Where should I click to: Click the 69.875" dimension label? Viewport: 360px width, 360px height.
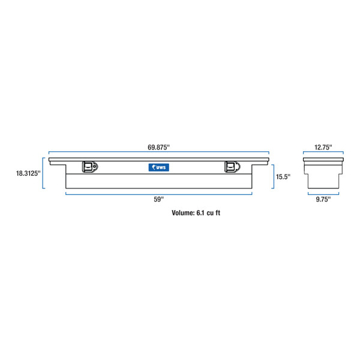(x=159, y=146)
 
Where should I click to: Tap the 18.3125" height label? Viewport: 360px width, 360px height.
(x=28, y=173)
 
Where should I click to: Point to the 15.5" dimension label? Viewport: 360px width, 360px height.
(x=283, y=176)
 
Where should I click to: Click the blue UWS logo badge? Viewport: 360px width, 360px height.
(x=159, y=167)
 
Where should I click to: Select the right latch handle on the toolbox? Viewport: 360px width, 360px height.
(x=231, y=167)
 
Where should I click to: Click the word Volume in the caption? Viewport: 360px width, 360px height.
(x=183, y=213)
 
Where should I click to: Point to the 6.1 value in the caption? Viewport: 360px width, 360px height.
(x=201, y=213)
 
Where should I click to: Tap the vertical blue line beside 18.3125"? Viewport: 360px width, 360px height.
(x=44, y=173)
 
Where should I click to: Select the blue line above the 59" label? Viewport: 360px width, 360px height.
(x=159, y=193)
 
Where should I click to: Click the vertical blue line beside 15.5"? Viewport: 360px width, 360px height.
(x=274, y=176)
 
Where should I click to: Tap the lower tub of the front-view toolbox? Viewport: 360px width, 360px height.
(x=159, y=181)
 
